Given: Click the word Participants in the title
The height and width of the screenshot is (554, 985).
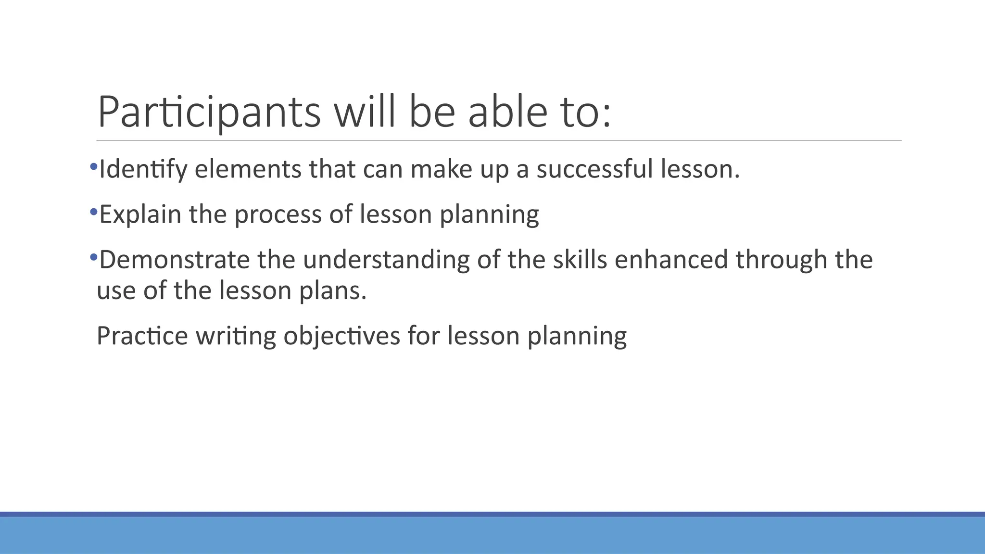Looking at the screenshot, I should click(209, 113).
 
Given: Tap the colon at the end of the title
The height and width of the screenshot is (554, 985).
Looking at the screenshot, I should click(606, 117).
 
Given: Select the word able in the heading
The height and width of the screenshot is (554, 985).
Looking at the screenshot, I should click(507, 113).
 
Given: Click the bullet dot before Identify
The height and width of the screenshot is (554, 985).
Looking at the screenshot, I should click(93, 166).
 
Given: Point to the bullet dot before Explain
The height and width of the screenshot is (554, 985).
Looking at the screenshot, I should click(93, 211).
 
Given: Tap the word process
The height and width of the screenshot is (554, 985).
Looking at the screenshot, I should click(278, 214).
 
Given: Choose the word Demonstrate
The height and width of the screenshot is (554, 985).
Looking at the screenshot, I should click(174, 260).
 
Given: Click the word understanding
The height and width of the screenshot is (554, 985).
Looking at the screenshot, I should click(386, 260).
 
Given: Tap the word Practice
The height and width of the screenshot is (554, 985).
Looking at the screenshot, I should click(142, 336).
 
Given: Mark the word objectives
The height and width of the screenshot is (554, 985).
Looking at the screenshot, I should click(341, 336).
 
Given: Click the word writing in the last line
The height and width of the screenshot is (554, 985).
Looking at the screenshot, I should click(236, 336).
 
